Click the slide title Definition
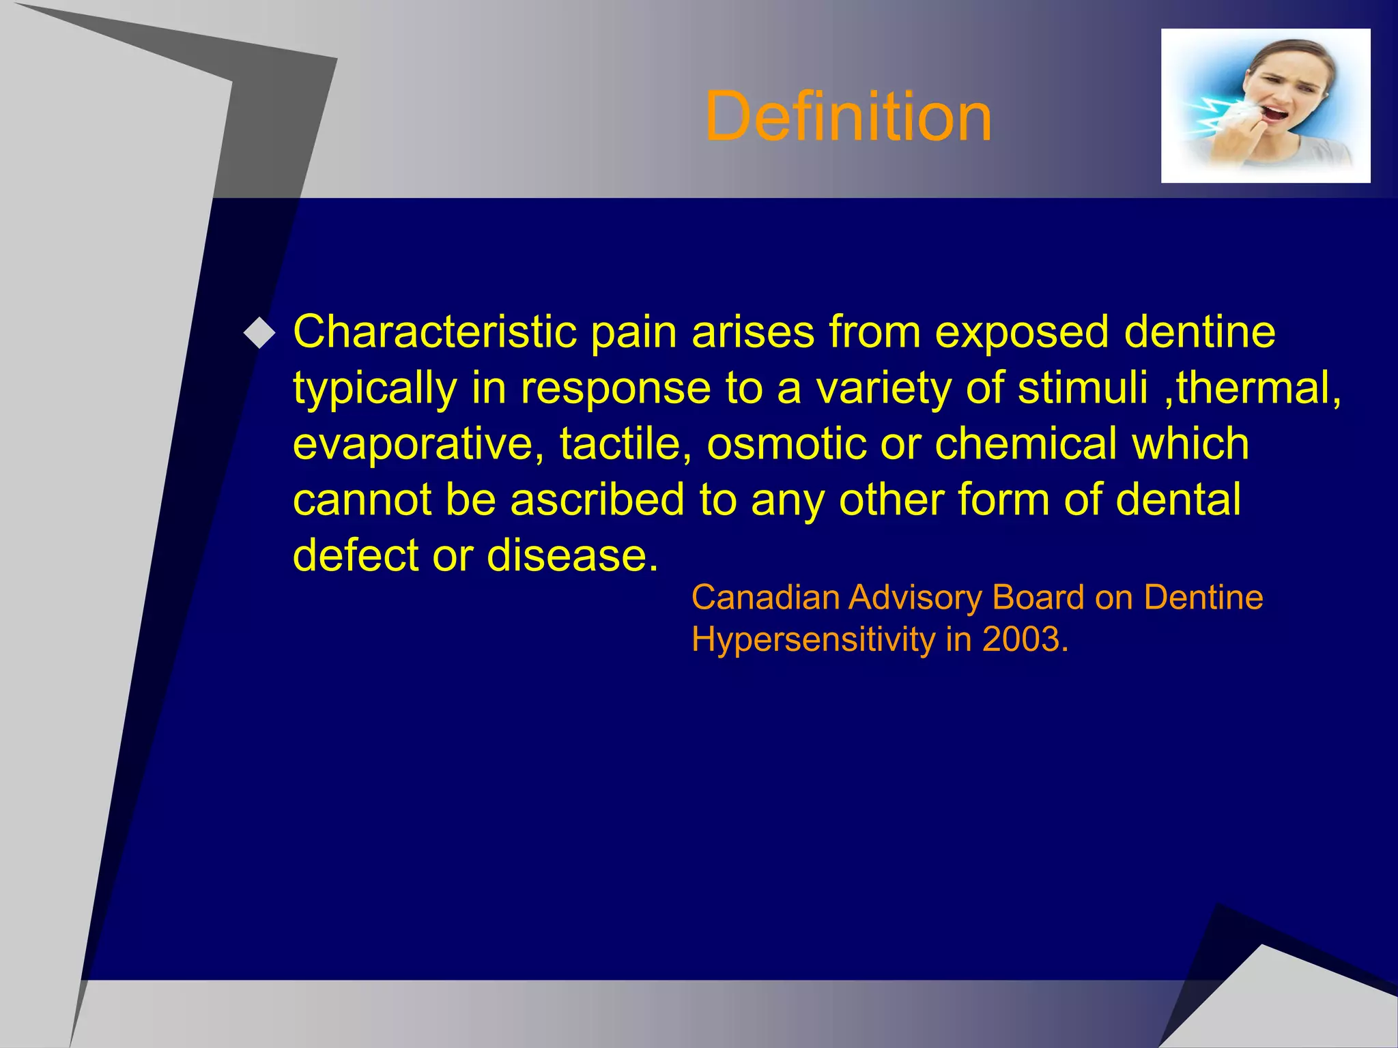tap(848, 117)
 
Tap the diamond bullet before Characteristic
tap(259, 334)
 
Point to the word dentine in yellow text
tap(1199, 332)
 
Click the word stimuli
tap(1083, 388)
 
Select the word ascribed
tap(597, 500)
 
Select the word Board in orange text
tap(1038, 598)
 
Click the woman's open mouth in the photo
tap(1272, 112)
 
